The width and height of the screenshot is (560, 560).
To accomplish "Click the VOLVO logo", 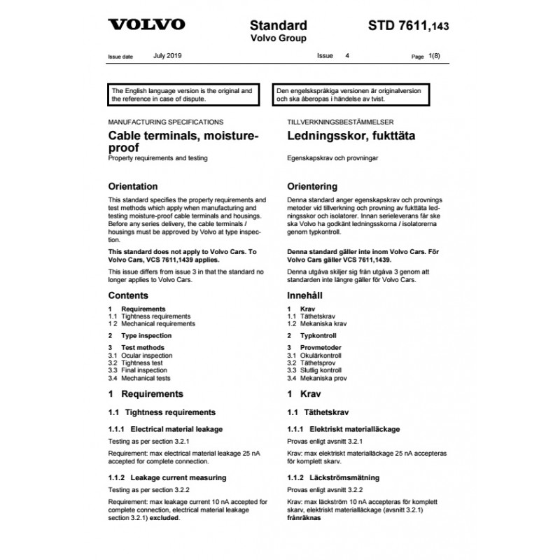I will [146, 24].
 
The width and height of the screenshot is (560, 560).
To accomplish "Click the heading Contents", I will [128, 295].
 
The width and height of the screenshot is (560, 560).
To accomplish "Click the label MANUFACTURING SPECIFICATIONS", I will [165, 120].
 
